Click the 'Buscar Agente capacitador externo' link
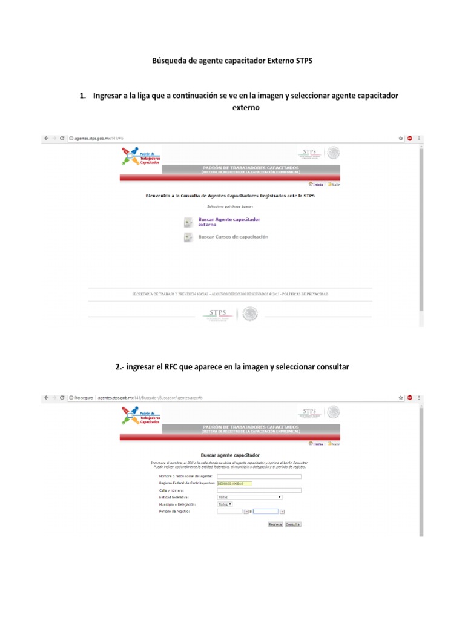(229, 222)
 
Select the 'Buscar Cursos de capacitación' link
(233, 237)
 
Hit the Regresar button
(275, 524)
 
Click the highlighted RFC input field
(233, 483)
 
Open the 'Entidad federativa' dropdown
(249, 497)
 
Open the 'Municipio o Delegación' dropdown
(225, 504)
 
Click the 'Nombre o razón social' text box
(259, 477)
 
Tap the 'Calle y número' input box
(259, 490)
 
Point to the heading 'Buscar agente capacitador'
(229, 455)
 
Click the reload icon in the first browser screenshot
(62, 139)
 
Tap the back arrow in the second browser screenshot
(45, 398)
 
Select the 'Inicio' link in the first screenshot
(317, 184)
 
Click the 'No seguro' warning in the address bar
(82, 398)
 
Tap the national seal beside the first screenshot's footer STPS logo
(250, 314)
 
